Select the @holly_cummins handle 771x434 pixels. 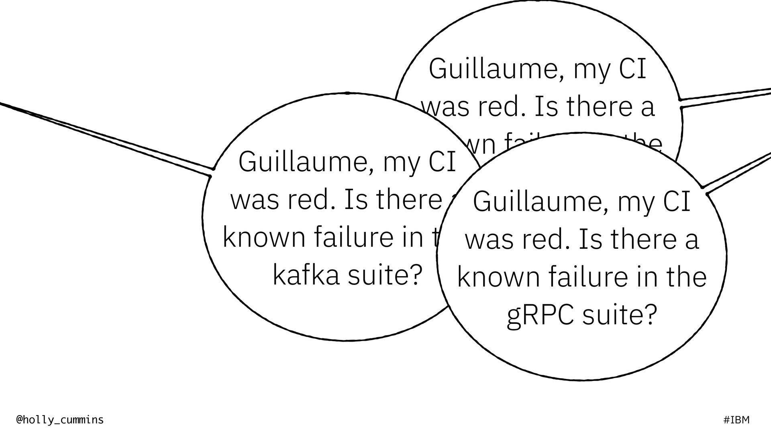click(x=60, y=420)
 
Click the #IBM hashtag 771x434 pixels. click(x=736, y=420)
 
